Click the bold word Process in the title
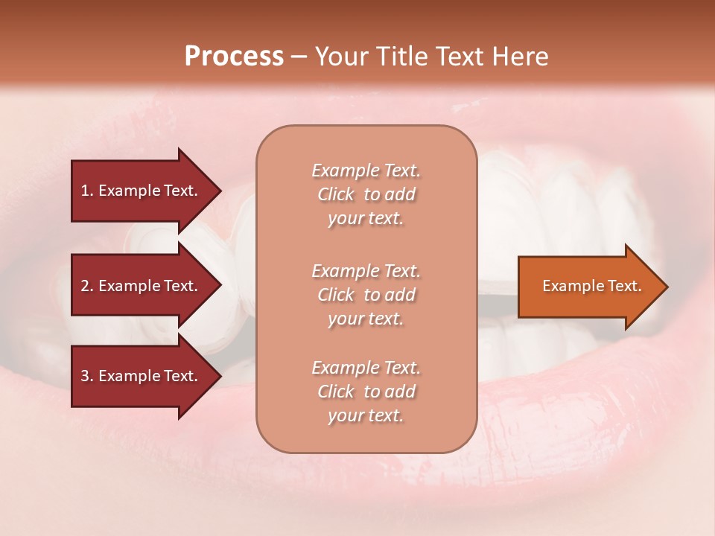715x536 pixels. (234, 57)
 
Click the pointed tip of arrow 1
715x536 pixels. (219, 191)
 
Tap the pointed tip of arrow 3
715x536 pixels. (219, 376)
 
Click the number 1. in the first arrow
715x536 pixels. (87, 191)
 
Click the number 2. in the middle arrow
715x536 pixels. (87, 286)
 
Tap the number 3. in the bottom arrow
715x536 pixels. (87, 376)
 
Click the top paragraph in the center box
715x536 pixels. (366, 194)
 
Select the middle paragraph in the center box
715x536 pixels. (366, 295)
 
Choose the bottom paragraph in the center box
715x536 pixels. (366, 392)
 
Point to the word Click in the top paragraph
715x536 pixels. (336, 194)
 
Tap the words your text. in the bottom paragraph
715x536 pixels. (366, 415)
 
